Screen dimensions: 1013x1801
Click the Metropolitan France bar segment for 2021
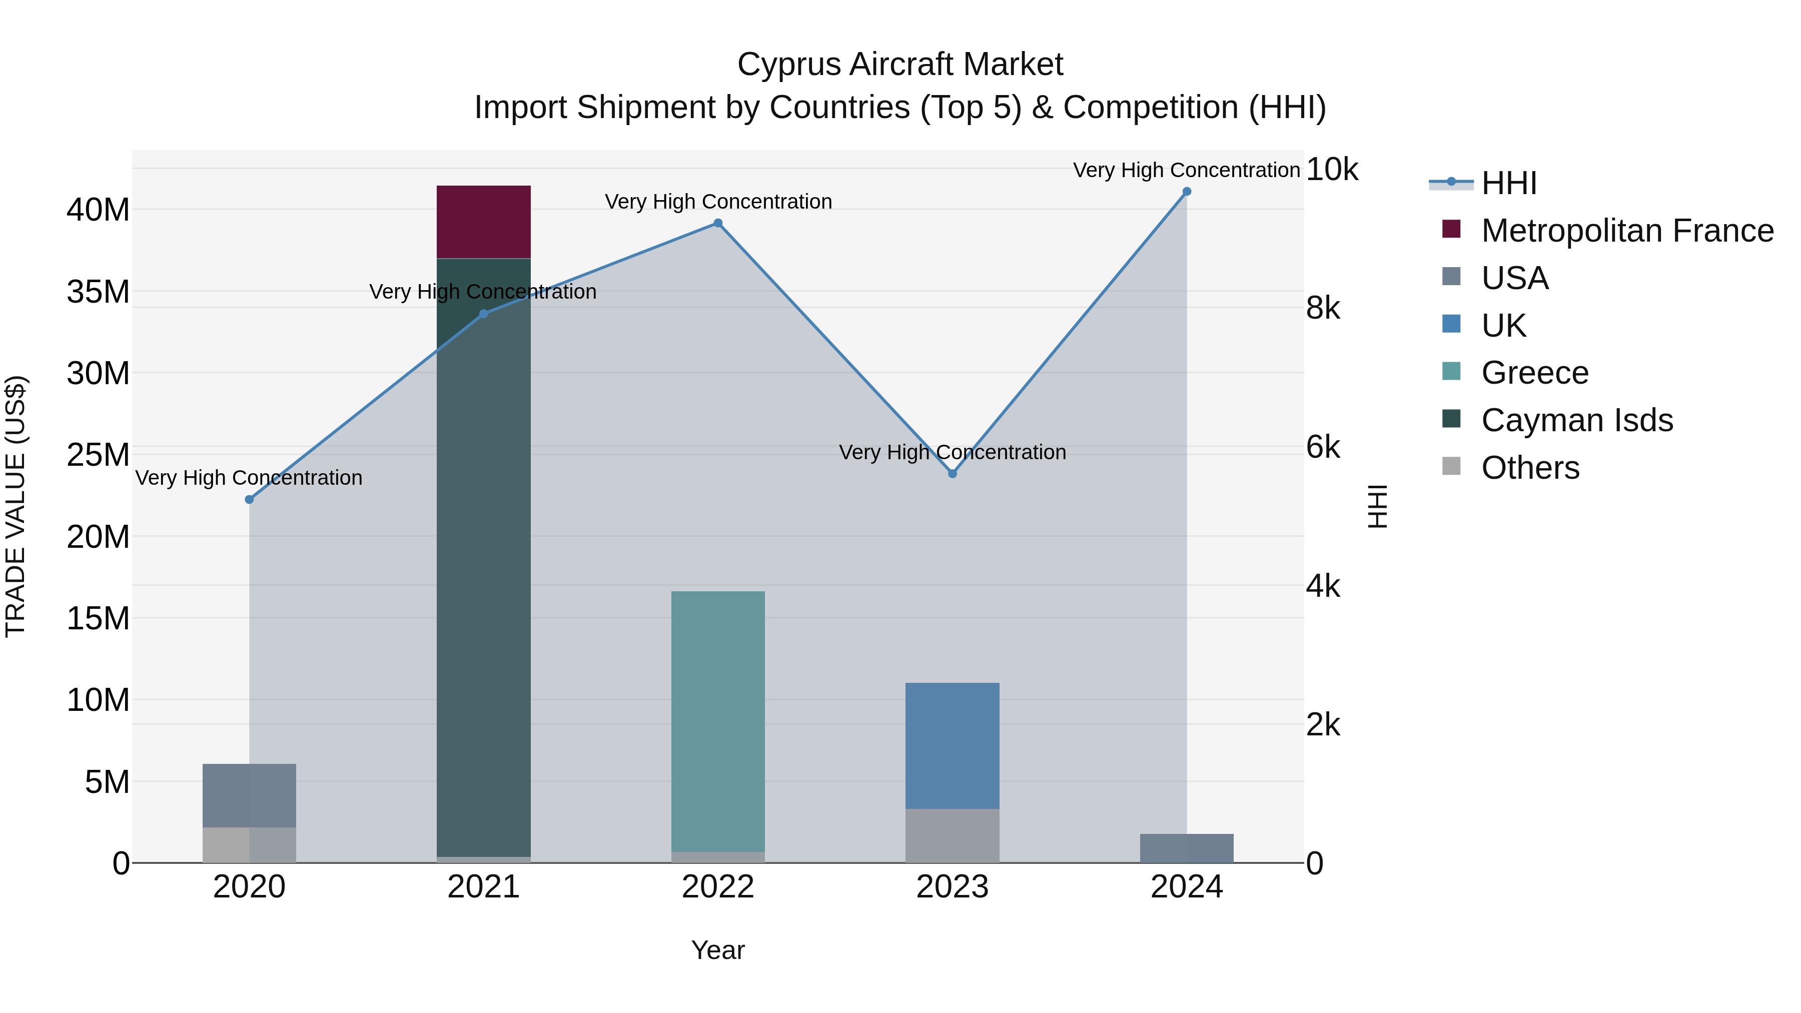point(483,222)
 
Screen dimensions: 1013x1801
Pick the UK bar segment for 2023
point(952,745)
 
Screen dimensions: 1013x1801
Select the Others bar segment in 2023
point(952,835)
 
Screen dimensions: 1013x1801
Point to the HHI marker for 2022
point(717,223)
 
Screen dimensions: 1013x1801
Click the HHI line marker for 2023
point(952,473)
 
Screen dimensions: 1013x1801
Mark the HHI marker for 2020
point(249,499)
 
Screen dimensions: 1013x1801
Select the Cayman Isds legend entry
point(1576,420)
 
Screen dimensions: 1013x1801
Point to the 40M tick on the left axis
point(98,210)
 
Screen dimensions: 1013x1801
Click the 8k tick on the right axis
point(1323,308)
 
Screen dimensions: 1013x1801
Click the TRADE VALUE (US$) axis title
point(16,506)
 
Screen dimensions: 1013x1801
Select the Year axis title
point(717,950)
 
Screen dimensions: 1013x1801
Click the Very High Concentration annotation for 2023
point(952,452)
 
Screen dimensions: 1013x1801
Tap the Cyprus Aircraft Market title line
point(900,65)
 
